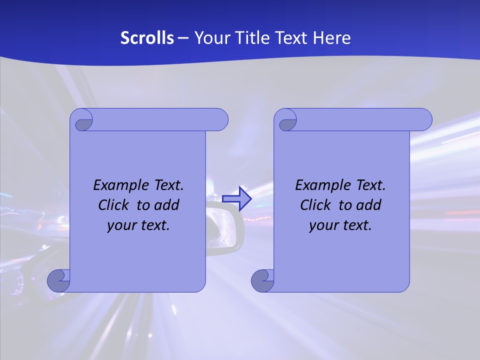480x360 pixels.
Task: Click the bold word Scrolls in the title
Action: [x=147, y=38]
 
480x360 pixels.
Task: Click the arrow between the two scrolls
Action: [x=237, y=198]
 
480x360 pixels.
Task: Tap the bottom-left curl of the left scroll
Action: [x=59, y=280]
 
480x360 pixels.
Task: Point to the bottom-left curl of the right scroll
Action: [x=262, y=280]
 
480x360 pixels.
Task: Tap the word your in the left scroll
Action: [x=120, y=225]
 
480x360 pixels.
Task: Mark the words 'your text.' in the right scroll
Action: [x=340, y=225]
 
